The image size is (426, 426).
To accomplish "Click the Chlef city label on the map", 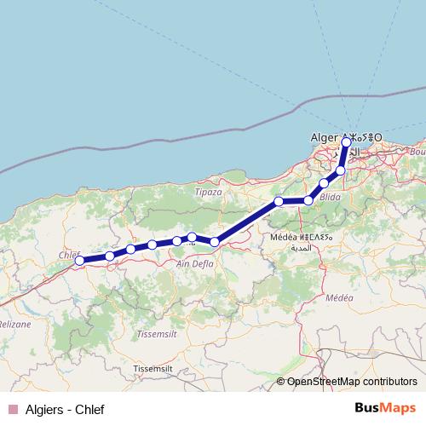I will pos(68,254).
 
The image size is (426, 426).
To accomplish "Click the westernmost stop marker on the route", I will pos(79,262).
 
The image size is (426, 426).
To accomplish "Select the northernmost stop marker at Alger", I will pos(346,143).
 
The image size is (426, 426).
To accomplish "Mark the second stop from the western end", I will pos(110,256).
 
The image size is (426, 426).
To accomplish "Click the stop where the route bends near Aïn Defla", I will pos(215,242).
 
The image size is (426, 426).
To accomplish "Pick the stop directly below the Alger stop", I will pos(341,171).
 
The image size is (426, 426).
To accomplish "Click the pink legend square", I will pos(11,409).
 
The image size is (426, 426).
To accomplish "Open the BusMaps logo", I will pos(384,408).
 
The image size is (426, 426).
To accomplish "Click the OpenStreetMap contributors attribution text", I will pos(352,382).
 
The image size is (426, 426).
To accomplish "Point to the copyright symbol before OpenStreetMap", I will pos(281,382).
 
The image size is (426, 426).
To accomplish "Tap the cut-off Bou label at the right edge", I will pos(417,151).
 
